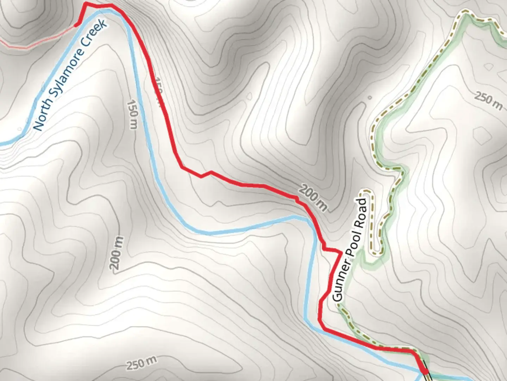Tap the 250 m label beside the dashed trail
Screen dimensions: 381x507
488,101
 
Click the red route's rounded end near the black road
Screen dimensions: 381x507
425,371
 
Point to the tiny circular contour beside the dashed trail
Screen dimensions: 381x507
369,97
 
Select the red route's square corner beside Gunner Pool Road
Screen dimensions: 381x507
340,252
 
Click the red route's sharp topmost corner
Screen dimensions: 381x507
86,4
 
